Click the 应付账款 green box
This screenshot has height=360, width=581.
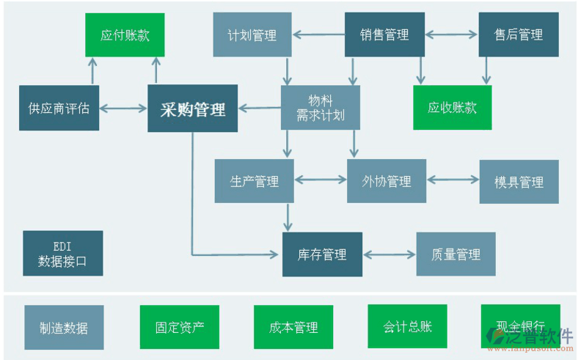coord(125,34)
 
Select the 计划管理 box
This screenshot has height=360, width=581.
coord(252,34)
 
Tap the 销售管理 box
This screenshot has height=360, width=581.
coord(384,34)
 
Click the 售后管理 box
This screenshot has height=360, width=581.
coord(519,34)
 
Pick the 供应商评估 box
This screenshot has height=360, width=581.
coord(59,109)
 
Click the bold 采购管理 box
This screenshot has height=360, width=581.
coord(193,109)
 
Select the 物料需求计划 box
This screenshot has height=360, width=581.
coord(321,109)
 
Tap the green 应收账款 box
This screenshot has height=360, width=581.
coord(453,108)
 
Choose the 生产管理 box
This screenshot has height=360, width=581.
coord(255,181)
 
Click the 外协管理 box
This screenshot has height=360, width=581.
coord(387,181)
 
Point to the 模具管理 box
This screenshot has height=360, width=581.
coord(519,181)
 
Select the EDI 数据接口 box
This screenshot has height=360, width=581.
coord(62,254)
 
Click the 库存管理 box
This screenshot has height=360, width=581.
coord(322,254)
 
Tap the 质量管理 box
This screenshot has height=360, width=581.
coord(456,254)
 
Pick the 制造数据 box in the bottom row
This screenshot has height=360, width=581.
coord(64,327)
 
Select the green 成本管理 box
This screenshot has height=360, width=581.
coord(293,327)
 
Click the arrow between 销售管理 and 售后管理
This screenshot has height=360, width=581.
coord(451,34)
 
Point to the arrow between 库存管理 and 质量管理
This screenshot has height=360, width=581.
coord(390,254)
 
